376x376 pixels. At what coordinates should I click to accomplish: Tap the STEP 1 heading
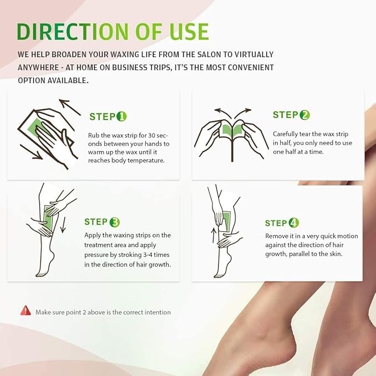[108, 117]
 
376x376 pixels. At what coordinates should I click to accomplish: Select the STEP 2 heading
[291, 115]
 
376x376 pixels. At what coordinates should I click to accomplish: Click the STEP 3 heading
[102, 222]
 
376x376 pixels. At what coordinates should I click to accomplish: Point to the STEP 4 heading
[282, 223]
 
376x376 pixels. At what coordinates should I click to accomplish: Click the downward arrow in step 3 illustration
[63, 227]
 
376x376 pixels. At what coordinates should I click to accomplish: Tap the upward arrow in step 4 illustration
[214, 237]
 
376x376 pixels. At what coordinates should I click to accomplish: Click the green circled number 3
[115, 222]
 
